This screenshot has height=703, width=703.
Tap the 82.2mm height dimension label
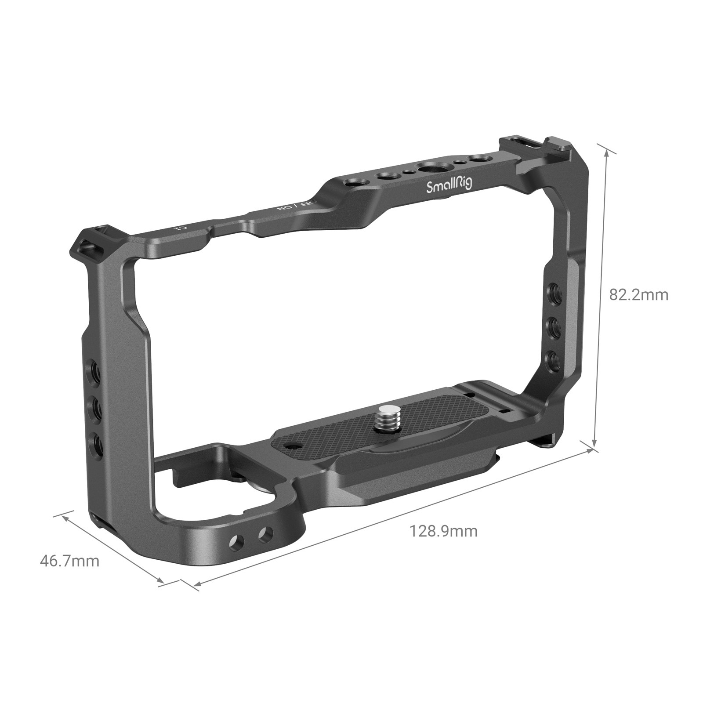pyautogui.click(x=638, y=295)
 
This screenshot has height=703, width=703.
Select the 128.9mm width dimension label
pyautogui.click(x=443, y=531)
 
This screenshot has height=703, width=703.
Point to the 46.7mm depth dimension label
pyautogui.click(x=69, y=561)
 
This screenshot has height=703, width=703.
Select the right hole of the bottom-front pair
pyautogui.click(x=265, y=534)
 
